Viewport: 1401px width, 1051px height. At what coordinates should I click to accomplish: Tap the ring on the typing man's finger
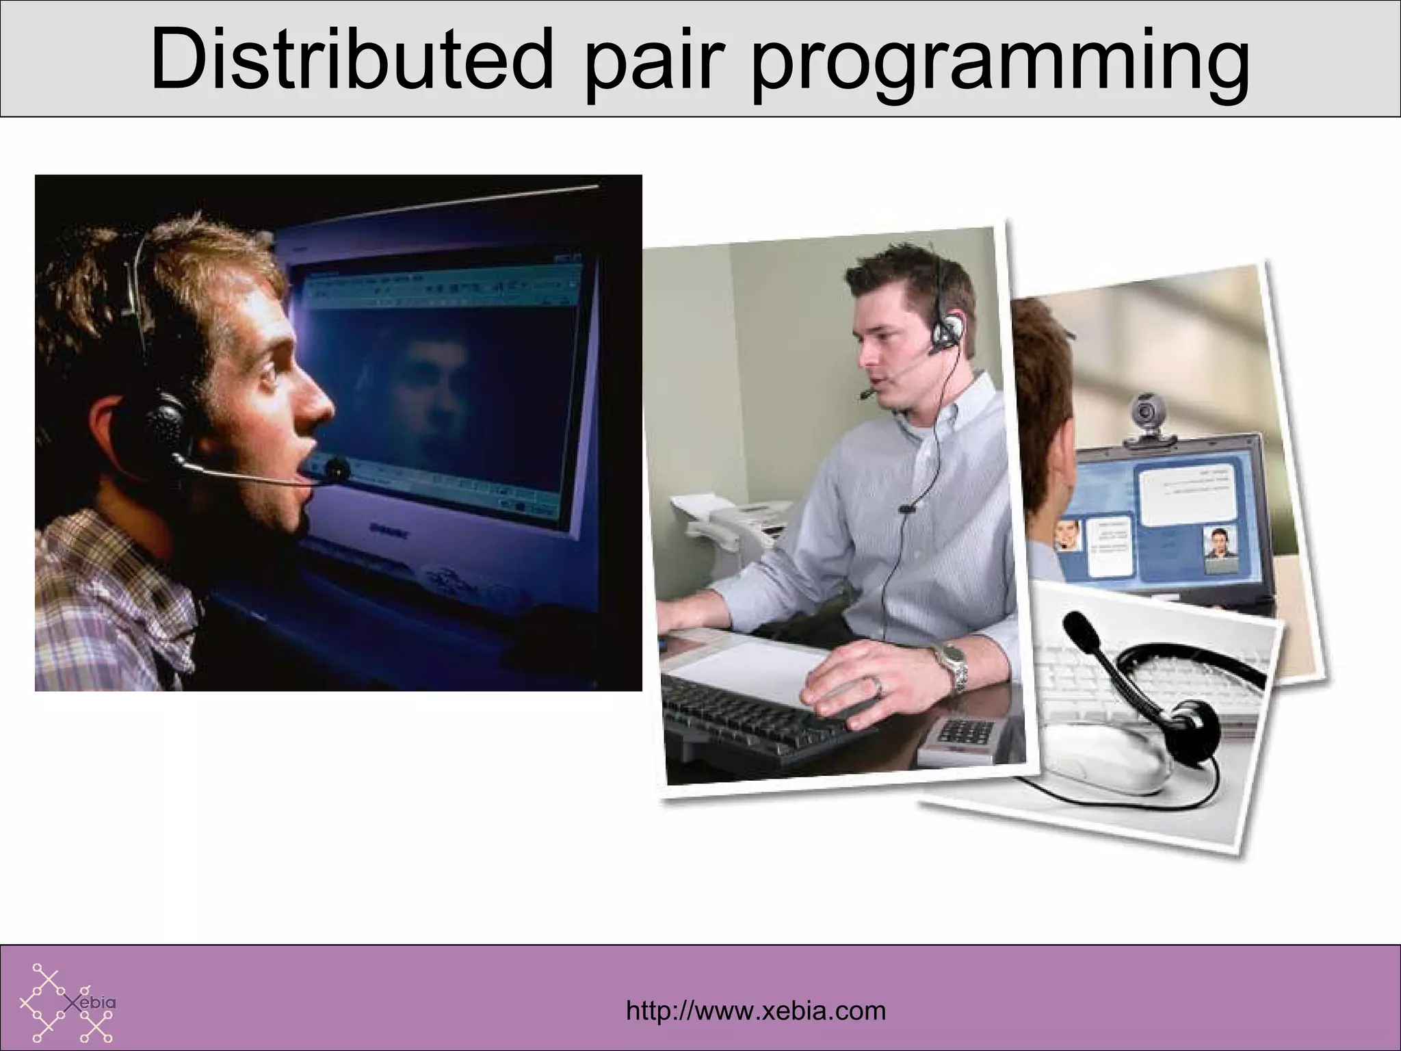point(880,686)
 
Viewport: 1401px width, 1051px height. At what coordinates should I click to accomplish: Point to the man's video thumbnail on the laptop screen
point(1219,547)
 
